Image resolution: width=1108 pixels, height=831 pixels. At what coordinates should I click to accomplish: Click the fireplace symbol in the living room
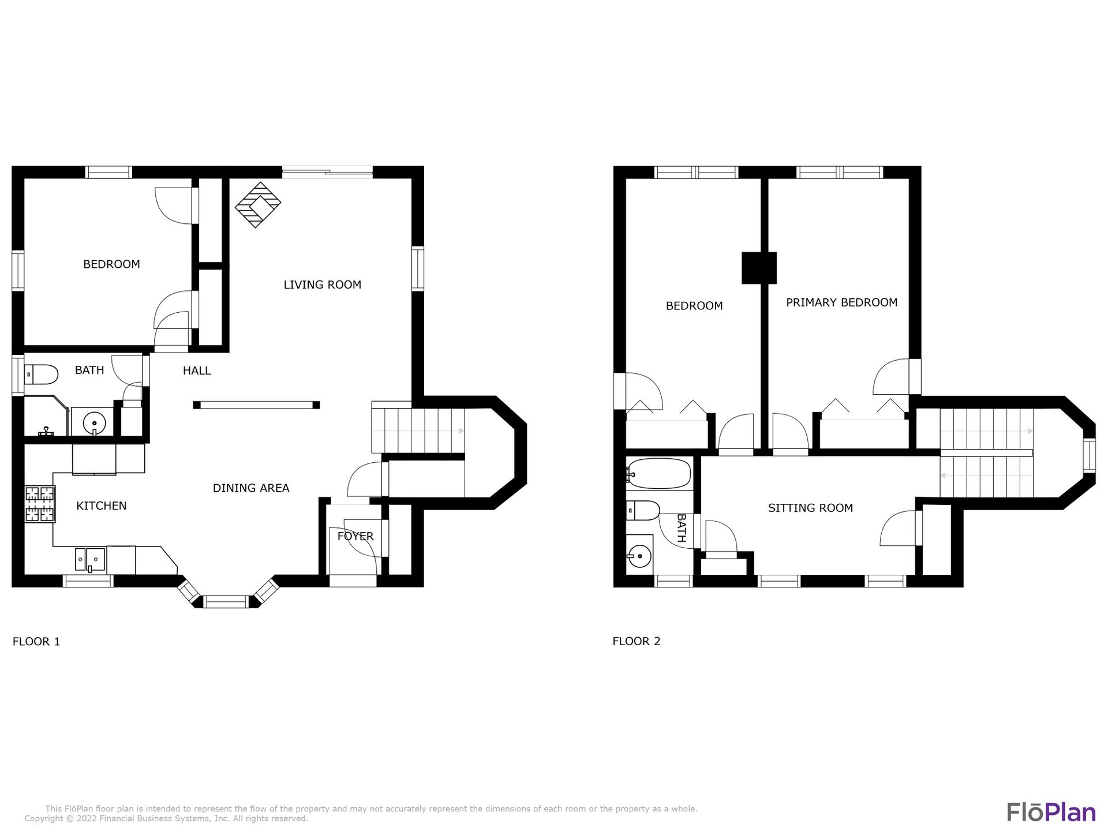258,205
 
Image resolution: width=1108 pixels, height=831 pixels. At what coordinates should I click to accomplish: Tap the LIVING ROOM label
322,285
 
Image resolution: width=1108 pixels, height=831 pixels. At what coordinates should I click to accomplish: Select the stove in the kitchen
40,504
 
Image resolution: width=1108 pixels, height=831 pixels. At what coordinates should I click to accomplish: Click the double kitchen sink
90,559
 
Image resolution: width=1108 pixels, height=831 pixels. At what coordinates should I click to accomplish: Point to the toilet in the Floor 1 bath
41,375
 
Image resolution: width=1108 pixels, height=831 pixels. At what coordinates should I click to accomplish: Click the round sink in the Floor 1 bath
94,424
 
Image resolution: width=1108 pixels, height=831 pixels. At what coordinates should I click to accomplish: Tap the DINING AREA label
251,488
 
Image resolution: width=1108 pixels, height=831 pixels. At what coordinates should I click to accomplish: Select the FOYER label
355,536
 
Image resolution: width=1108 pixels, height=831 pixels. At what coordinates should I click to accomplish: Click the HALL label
197,370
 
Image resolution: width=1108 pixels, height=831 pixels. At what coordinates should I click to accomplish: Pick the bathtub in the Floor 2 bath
658,474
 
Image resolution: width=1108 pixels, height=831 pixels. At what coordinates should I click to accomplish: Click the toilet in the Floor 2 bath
643,511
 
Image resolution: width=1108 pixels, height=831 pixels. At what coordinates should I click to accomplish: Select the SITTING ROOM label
810,508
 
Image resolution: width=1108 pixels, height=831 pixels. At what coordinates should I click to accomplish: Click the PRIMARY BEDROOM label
841,302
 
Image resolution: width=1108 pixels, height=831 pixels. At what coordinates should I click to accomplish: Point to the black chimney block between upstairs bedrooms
759,268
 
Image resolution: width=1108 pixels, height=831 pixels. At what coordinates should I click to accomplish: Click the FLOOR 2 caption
637,641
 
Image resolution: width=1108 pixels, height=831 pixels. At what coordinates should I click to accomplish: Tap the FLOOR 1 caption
36,641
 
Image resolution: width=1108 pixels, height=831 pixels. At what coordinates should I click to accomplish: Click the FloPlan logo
1051,812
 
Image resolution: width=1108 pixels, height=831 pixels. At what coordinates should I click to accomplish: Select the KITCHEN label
102,506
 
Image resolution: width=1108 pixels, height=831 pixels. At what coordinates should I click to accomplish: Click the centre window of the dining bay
226,602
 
